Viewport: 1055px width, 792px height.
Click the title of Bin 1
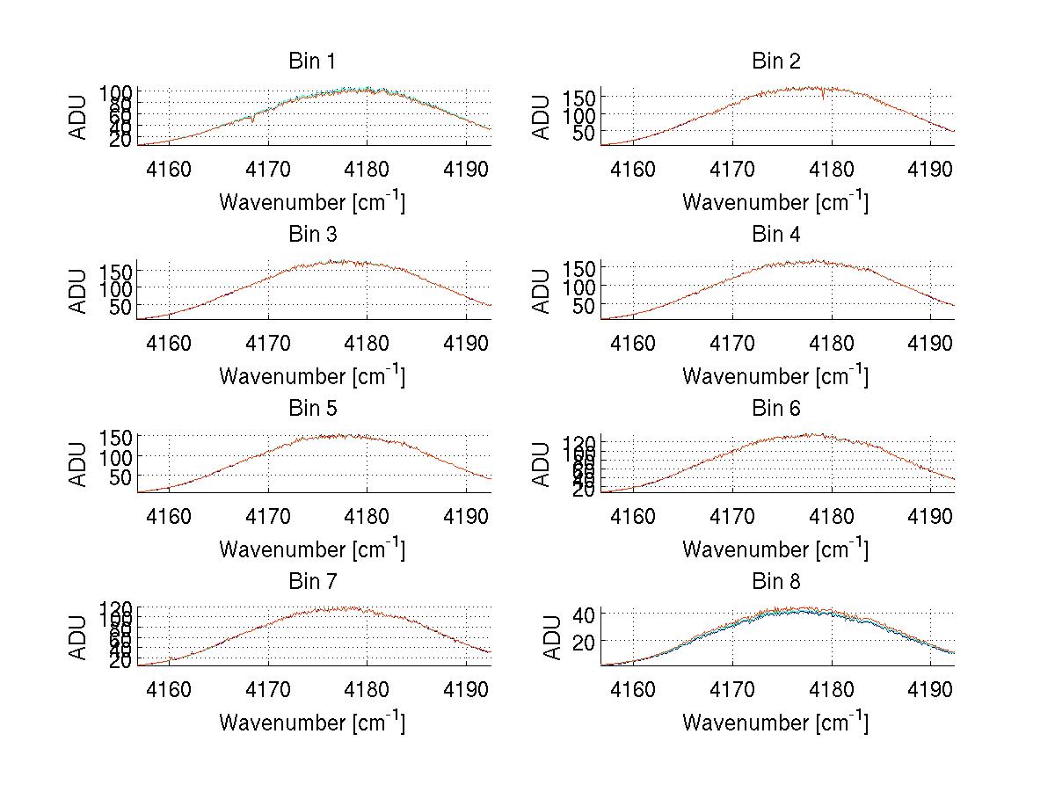pos(312,62)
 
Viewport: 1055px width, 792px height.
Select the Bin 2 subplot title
pos(776,62)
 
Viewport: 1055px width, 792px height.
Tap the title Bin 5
pos(312,409)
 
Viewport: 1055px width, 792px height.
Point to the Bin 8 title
pos(776,582)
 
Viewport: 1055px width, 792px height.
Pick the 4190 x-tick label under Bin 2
pos(931,169)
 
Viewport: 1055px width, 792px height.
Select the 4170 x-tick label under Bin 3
pos(268,342)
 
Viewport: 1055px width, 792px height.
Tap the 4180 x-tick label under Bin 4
pos(832,342)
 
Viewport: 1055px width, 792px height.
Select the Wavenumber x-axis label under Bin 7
pos(312,722)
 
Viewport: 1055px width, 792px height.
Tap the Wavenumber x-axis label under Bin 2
pos(775,201)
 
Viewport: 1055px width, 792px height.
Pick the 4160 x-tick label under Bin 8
pos(633,689)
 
